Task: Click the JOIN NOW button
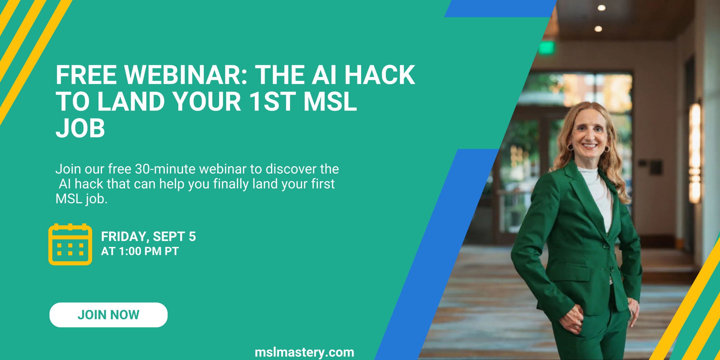point(109,315)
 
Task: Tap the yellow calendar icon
point(70,244)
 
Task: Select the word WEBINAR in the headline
point(186,75)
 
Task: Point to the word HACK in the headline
point(380,75)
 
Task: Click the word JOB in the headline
point(80,128)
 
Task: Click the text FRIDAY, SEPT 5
point(148,236)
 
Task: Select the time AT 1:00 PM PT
point(140,251)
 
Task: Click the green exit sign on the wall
point(547,48)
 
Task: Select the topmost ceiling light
point(602,8)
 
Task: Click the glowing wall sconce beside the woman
point(695,153)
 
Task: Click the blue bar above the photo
point(501,8)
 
